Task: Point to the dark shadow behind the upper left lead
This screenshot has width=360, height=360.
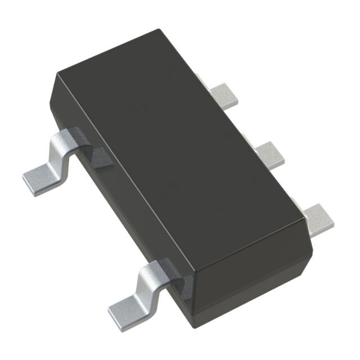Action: pos(101,157)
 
